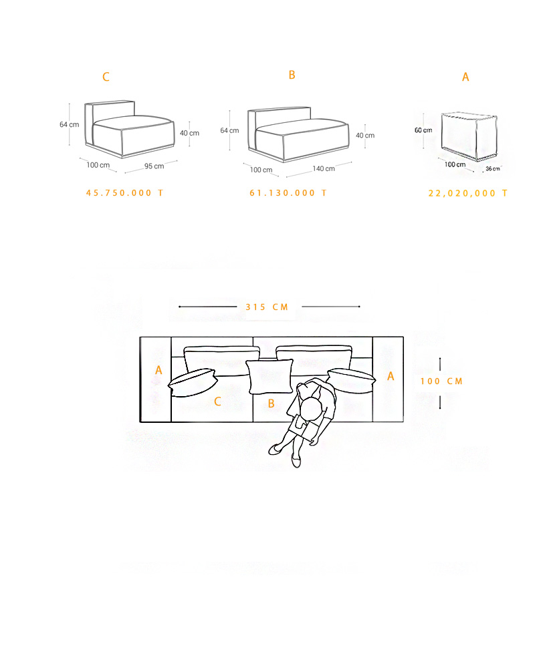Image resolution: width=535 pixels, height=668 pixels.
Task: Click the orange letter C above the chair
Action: coord(106,77)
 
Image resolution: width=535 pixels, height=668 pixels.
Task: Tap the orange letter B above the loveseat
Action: coord(292,75)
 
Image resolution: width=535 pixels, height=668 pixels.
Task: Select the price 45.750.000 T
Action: coord(124,193)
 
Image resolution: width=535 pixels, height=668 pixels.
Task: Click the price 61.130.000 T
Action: coord(288,193)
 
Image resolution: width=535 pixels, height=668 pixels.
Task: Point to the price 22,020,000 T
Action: coord(468,194)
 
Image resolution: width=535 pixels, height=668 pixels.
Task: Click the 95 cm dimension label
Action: coord(154,166)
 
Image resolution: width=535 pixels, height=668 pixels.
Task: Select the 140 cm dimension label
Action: coord(324,169)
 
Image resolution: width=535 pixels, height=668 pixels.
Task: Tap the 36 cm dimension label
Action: coord(493,169)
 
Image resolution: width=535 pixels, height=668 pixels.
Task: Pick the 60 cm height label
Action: coord(423,130)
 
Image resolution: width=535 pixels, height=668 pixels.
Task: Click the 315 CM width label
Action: coord(267,307)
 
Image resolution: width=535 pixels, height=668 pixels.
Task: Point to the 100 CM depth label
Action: coord(441,381)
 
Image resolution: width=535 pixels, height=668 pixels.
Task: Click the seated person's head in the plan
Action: coord(311,409)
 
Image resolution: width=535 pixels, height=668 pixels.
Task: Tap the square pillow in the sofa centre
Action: coord(270,377)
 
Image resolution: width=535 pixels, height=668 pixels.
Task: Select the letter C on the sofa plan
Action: coord(217,401)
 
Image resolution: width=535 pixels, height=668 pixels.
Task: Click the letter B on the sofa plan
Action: coord(271,404)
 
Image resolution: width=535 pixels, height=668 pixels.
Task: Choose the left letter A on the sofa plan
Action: coord(158,370)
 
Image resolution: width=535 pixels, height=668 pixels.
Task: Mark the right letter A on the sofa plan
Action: coord(391,376)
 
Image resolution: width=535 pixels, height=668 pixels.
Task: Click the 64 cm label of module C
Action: coord(69,124)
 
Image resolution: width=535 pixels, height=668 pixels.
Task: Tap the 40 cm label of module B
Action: coord(365,136)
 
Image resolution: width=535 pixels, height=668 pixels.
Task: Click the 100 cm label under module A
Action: coord(455,164)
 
